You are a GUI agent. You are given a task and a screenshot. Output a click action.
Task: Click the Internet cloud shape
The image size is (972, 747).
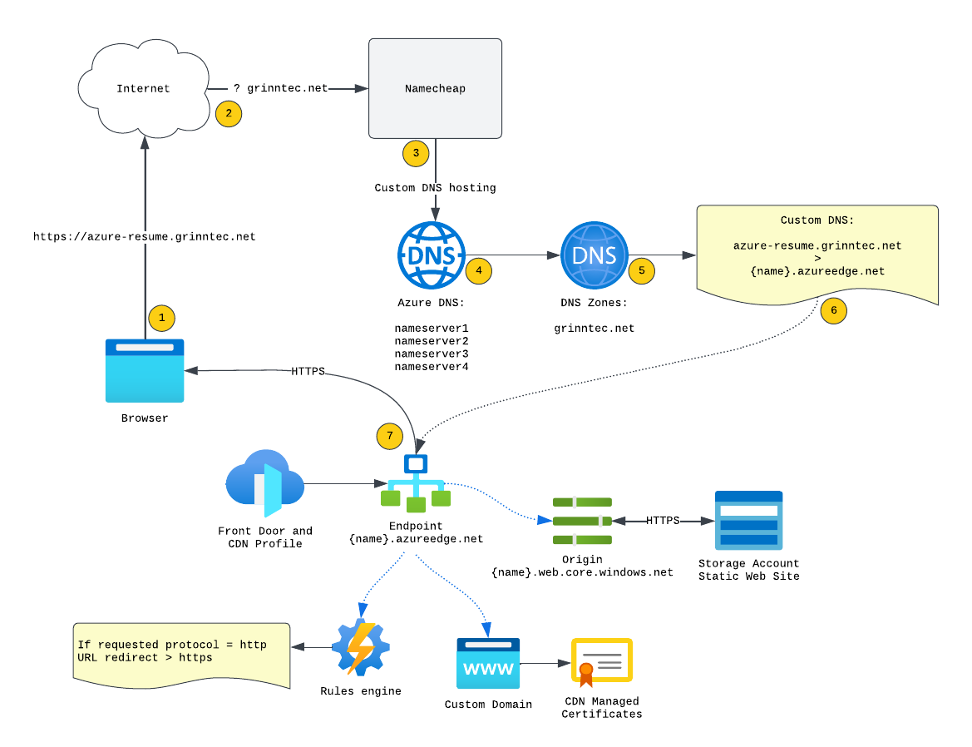[144, 88]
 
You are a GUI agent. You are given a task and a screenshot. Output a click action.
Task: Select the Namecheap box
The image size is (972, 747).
[435, 88]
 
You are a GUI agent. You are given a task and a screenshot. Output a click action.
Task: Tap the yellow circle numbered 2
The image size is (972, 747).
[229, 114]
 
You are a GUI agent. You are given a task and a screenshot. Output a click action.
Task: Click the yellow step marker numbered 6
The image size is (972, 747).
[833, 311]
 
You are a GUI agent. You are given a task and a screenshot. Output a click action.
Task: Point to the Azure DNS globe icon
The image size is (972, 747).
[432, 255]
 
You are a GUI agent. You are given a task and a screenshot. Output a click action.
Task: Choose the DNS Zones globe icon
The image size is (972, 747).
[595, 255]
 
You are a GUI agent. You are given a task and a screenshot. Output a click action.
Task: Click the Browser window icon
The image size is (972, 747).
[145, 371]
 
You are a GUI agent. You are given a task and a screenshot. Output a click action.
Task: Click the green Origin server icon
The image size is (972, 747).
[582, 521]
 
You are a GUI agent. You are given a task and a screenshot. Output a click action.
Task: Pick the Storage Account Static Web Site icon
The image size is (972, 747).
[748, 520]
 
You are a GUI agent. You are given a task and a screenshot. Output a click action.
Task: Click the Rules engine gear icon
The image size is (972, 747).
[360, 646]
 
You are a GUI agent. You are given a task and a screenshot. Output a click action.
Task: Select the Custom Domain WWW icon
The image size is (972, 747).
[488, 663]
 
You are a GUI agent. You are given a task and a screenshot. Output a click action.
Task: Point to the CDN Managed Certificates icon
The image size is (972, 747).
[602, 663]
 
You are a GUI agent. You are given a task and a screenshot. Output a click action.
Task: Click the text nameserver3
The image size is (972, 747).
[432, 354]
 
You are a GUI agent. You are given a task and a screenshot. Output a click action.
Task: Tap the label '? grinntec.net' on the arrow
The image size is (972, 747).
[280, 88]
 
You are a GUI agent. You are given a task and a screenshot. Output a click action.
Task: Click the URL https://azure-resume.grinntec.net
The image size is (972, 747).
[145, 237]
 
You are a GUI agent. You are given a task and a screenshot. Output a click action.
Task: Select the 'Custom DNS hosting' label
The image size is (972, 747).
[435, 188]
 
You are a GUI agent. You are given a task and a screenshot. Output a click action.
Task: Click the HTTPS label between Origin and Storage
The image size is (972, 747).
[663, 521]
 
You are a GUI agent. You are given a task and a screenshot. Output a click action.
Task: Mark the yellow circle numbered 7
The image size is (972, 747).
[389, 436]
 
